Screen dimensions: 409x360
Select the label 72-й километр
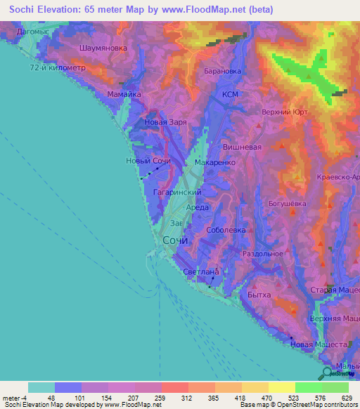pos(57,67)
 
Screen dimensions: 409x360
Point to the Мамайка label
pos(124,93)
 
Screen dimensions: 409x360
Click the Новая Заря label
pos(165,122)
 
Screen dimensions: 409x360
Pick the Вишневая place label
pos(242,147)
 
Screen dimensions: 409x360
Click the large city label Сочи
pos(176,240)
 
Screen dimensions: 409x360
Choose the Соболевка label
pos(226,230)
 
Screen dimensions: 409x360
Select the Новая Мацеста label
pos(319,344)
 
